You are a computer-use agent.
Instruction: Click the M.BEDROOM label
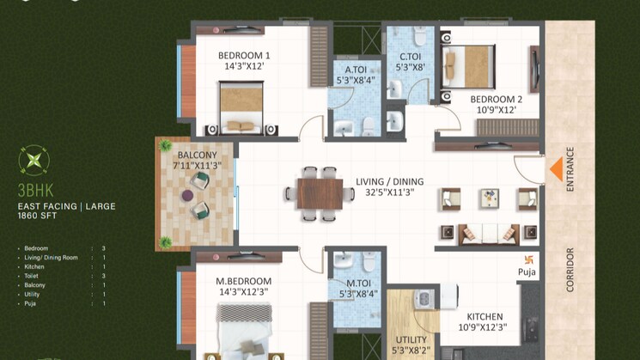(243, 286)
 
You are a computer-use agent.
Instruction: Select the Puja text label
(527, 274)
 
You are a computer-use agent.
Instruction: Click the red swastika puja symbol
(528, 258)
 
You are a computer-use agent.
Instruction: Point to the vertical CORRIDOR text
(570, 271)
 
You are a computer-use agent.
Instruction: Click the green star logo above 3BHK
(34, 160)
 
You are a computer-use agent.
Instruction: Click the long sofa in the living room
(485, 233)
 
